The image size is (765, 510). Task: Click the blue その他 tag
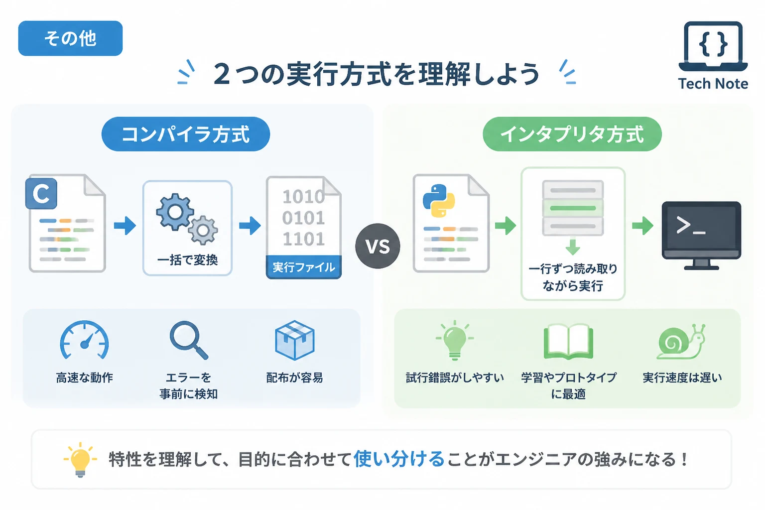click(70, 38)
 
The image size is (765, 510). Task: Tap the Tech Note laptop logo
click(713, 46)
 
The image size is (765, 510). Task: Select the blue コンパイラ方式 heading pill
click(186, 134)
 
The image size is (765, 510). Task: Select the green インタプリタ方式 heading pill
click(572, 134)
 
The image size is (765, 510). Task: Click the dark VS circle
click(378, 246)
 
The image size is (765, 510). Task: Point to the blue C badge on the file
click(41, 193)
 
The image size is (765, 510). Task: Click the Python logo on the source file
click(439, 201)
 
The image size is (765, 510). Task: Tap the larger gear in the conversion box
click(175, 212)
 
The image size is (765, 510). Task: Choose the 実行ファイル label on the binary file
click(304, 267)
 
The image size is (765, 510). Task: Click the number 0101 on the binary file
click(303, 218)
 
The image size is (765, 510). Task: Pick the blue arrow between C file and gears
click(125, 226)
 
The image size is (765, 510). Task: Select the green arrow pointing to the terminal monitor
click(643, 226)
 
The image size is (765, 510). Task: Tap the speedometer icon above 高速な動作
click(84, 340)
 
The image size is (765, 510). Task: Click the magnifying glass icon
click(189, 340)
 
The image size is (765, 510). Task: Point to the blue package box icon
click(294, 340)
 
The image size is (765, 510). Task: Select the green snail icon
click(681, 342)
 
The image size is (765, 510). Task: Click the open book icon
click(568, 342)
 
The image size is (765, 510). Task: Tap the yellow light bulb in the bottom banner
click(80, 460)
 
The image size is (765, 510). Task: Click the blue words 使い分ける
click(399, 459)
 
